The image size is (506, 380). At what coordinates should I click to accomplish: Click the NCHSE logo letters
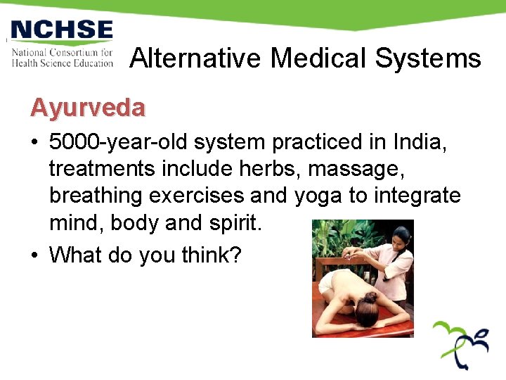click(62, 31)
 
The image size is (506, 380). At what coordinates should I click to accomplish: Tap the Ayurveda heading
click(88, 108)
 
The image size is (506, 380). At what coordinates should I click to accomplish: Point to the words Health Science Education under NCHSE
click(63, 63)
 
